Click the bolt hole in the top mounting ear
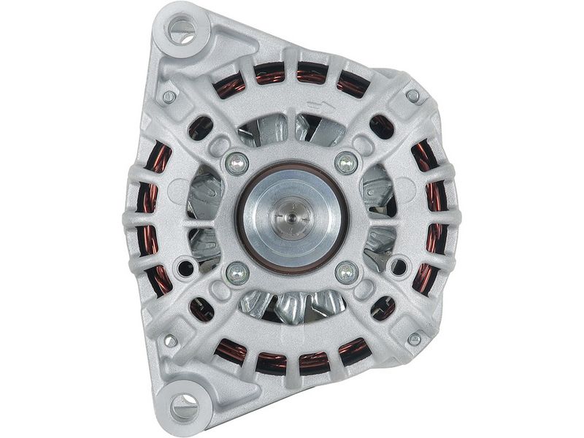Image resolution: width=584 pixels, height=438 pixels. [181, 31]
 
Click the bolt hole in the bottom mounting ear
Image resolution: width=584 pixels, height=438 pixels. [183, 406]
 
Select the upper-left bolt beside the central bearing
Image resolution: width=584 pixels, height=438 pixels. [237, 162]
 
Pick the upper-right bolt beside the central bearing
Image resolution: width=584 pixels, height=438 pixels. [346, 162]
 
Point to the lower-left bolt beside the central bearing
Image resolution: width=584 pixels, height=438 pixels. [237, 273]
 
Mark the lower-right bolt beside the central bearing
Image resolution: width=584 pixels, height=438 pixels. [346, 273]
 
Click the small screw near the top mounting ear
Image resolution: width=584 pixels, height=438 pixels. [169, 96]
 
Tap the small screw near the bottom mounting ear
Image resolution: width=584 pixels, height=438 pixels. [169, 340]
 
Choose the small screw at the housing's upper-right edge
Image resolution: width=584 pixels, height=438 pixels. [413, 96]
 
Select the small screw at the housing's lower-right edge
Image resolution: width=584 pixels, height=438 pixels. [414, 339]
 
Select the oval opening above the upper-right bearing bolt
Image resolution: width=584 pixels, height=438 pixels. [382, 126]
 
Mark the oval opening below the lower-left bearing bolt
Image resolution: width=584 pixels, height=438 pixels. [201, 309]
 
